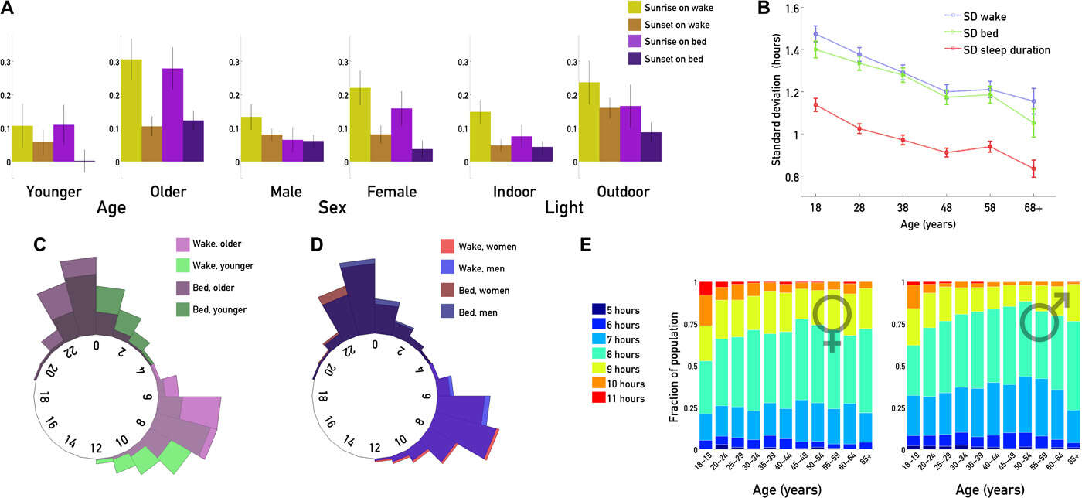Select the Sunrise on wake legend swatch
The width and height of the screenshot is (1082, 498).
tap(635, 8)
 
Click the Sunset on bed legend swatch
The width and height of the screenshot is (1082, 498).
tap(635, 59)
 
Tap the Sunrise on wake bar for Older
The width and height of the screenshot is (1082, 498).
tap(131, 110)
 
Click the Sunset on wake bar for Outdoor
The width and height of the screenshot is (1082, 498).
tap(610, 135)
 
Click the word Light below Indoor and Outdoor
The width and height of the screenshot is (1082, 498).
tap(563, 208)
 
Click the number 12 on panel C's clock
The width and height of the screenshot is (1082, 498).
tap(97, 447)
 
